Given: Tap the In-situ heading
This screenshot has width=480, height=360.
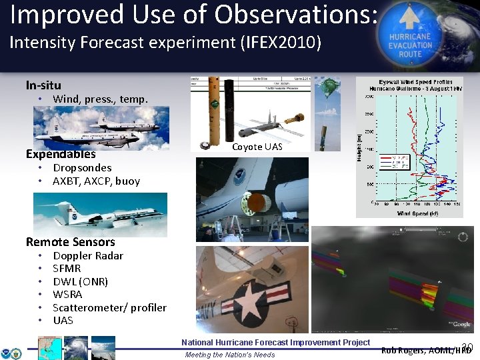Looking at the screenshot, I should [43, 85].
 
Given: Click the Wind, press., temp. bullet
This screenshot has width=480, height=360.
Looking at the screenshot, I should [100, 99].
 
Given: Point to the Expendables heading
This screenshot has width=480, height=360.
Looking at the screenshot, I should [61, 154].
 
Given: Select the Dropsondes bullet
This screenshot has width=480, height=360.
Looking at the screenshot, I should [82, 167].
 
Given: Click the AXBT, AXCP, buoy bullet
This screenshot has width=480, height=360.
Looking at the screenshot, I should [96, 181].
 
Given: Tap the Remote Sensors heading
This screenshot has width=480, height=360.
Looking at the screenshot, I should [70, 242].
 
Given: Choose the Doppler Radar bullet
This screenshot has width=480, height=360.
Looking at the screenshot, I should [88, 255].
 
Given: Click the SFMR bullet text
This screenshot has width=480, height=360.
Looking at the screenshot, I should [67, 268].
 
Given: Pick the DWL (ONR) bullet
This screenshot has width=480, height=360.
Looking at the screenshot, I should [80, 281].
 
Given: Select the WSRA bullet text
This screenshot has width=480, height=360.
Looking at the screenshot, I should [67, 294].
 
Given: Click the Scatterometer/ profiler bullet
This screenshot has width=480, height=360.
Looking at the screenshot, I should [109, 307].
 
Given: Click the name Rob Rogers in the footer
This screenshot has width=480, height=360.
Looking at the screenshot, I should [400, 350].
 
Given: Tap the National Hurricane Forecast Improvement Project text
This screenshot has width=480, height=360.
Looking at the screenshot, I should [275, 343].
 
